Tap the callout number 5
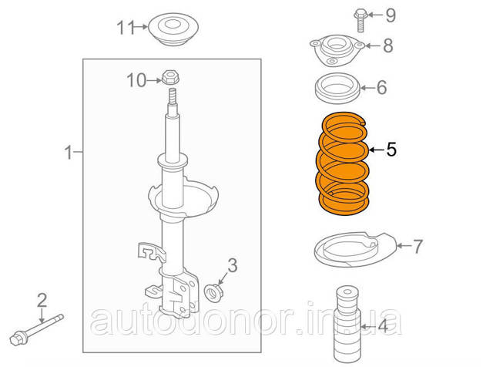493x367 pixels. pyautogui.click(x=391, y=150)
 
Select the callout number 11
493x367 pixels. pyautogui.click(x=126, y=28)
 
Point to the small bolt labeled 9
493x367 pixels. pyautogui.click(x=361, y=21)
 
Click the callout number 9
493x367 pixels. pyautogui.click(x=391, y=15)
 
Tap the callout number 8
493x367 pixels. pyautogui.click(x=388, y=45)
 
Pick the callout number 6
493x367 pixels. pyautogui.click(x=382, y=87)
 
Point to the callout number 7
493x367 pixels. pyautogui.click(x=418, y=247)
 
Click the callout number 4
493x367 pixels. pyautogui.click(x=383, y=326)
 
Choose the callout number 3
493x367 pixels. pyautogui.click(x=233, y=266)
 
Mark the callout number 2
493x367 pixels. pyautogui.click(x=42, y=300)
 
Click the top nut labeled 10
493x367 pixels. pyautogui.click(x=170, y=77)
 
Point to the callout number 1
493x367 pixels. pyautogui.click(x=69, y=153)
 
